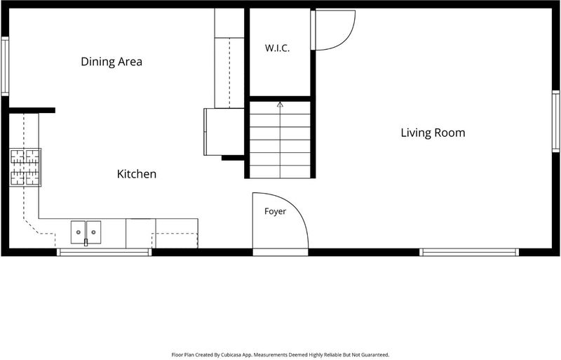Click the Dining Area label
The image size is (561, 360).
tap(111, 62)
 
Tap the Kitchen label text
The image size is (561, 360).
tap(136, 174)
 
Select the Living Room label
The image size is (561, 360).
tap(433, 133)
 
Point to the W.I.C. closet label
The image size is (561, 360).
tap(277, 48)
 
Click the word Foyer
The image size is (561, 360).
tap(275, 211)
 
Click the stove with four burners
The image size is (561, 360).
tap(25, 167)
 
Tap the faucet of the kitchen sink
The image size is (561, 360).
tap(86, 242)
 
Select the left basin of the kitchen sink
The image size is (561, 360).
tap(78, 232)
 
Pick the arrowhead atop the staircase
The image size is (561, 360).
tap(280, 105)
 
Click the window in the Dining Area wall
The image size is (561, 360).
tap(5, 66)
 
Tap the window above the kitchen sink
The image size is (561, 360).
tap(104, 252)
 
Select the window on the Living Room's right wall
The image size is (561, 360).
tap(555, 121)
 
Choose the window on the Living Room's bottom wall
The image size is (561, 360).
tap(469, 252)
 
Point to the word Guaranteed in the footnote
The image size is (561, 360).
tap(375, 355)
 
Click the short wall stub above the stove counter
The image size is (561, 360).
tap(32, 110)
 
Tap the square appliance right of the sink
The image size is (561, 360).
tap(141, 233)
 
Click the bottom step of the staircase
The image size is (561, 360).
tap(280, 172)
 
